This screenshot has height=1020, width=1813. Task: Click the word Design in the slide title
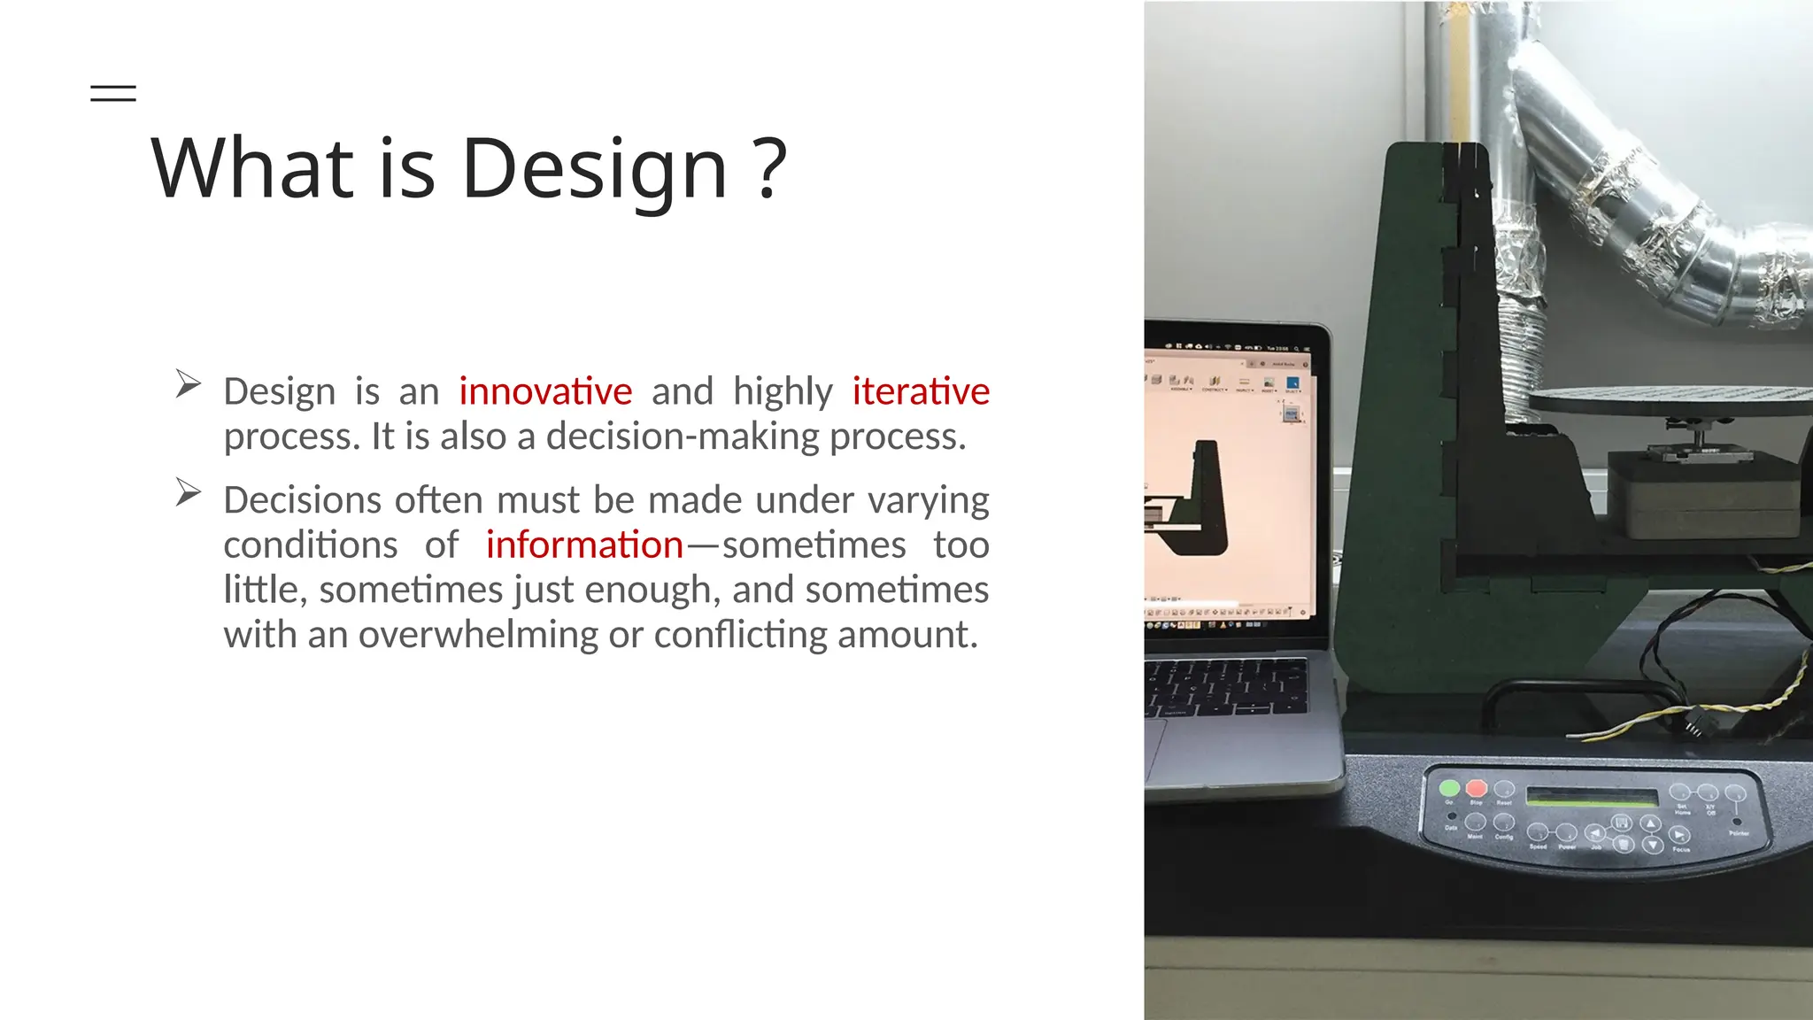(594, 169)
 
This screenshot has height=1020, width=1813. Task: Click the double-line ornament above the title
(113, 93)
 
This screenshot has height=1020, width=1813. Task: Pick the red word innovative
(545, 391)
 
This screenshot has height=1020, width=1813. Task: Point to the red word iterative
(921, 391)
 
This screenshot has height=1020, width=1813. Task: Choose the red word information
(584, 545)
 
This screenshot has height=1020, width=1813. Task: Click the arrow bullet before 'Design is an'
(188, 383)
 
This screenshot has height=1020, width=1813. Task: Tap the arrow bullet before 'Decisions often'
(188, 492)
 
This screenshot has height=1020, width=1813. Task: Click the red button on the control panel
(1476, 788)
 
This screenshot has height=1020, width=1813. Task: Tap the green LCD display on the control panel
(1591, 797)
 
